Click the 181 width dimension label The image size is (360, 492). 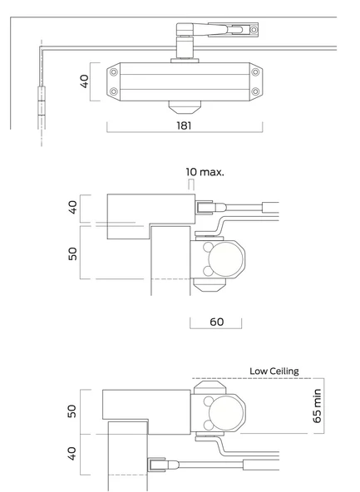click(184, 125)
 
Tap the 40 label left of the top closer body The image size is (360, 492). click(85, 81)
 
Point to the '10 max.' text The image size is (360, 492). click(205, 172)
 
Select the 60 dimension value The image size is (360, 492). click(216, 322)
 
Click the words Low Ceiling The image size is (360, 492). click(274, 371)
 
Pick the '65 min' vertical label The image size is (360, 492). click(317, 406)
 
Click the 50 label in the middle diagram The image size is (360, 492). click(72, 253)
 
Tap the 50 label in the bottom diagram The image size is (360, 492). click(72, 411)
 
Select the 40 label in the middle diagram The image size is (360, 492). click(72, 208)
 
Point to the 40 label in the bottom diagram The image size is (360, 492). click(72, 454)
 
